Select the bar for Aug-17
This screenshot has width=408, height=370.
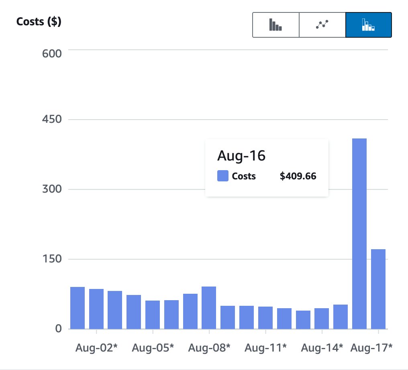tap(378, 289)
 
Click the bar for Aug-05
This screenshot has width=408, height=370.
tap(153, 315)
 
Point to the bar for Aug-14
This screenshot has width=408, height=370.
tap(322, 318)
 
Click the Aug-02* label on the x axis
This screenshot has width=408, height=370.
tap(96, 347)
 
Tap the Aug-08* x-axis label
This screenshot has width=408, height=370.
tap(209, 347)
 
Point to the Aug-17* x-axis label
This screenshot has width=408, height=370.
tap(371, 347)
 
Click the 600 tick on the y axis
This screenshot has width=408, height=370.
tap(52, 53)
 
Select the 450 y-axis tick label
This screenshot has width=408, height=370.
tap(52, 120)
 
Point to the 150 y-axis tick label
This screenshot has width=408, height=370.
tap(52, 259)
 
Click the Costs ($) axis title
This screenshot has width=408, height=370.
tap(39, 22)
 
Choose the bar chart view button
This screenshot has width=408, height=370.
tap(275, 25)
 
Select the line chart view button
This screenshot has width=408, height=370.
tap(322, 25)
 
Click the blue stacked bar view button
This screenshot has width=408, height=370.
tap(368, 25)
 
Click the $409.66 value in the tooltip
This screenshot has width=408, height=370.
tap(298, 176)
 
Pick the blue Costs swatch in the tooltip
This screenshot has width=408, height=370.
tap(222, 176)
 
